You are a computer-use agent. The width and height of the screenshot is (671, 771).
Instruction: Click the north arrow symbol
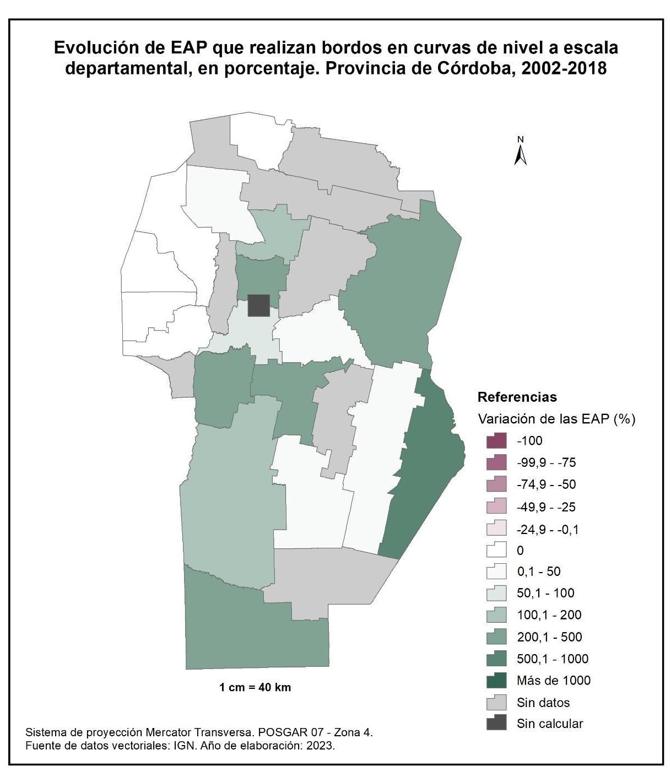520,152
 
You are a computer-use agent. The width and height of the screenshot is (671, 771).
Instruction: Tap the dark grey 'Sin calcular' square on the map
258,305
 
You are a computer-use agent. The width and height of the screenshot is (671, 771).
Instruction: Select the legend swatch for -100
496,441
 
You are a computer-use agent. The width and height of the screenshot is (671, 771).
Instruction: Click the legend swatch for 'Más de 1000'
496,681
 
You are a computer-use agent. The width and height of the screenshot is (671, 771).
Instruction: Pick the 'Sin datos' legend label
543,703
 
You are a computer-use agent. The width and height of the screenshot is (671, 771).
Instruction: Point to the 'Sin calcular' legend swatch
496,724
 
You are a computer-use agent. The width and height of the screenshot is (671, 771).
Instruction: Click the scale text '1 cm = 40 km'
255,687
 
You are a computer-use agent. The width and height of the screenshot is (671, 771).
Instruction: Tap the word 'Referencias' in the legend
517,397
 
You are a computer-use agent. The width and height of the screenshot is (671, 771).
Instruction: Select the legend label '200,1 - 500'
549,637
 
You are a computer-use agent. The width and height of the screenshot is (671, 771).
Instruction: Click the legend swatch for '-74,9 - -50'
496,484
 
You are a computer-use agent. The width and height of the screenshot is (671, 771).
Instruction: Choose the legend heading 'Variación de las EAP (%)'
556,419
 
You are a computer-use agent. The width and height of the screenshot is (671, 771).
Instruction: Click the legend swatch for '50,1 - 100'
496,593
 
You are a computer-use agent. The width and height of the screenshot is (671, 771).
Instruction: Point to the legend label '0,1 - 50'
538,571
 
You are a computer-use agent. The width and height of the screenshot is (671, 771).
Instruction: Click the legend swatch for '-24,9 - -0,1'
496,529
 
